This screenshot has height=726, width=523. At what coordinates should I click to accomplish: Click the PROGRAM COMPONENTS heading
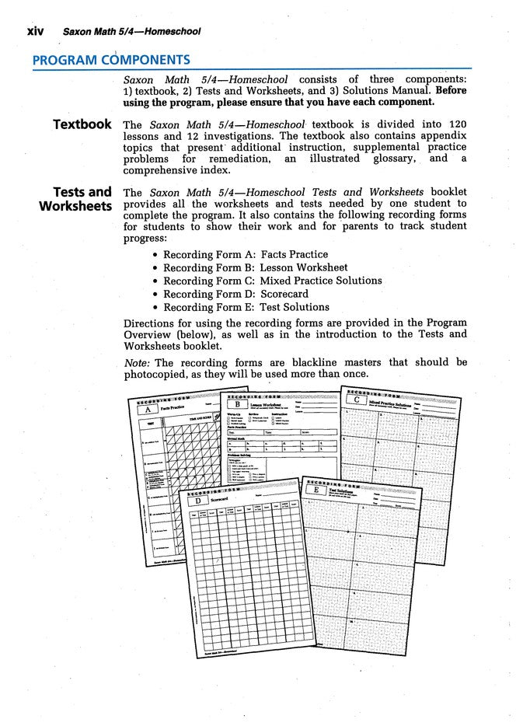click(111, 60)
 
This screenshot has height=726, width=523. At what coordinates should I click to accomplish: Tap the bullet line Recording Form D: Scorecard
click(235, 294)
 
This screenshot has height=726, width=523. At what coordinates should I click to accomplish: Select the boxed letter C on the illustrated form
click(356, 400)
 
